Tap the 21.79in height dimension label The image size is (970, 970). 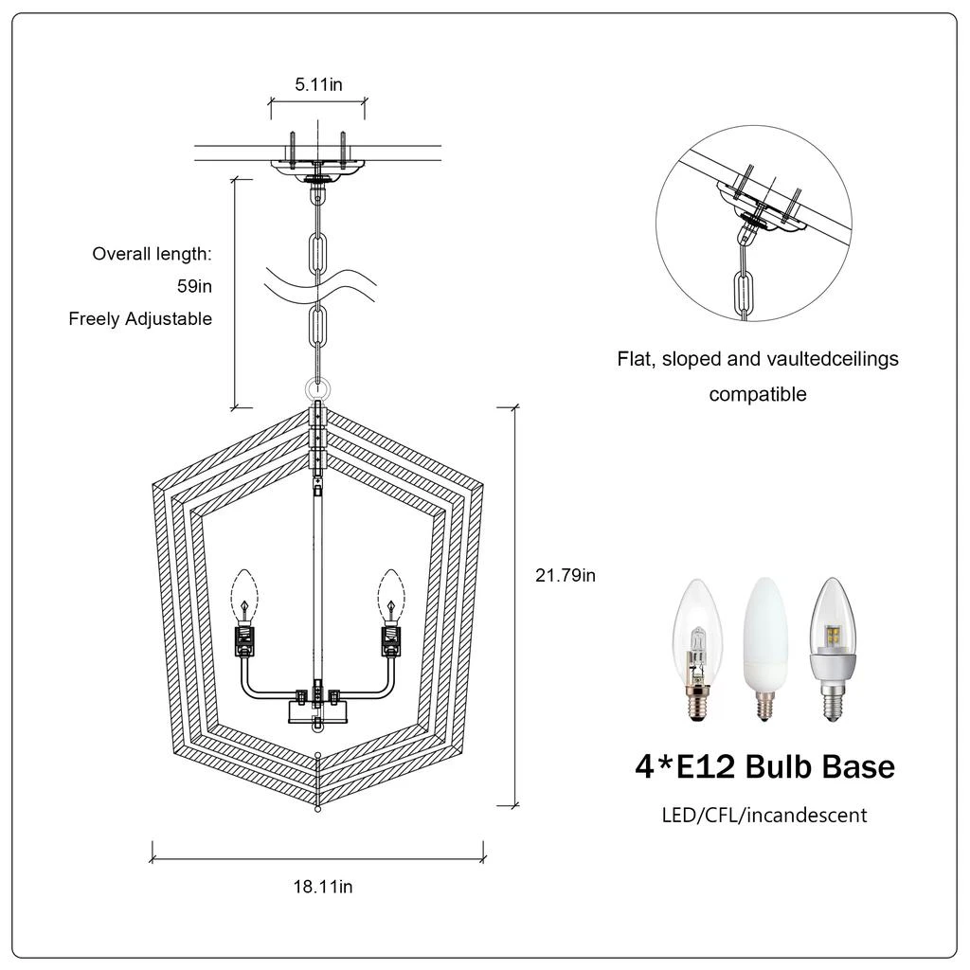tap(566, 574)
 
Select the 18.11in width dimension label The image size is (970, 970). tap(322, 887)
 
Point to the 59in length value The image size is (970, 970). tap(194, 286)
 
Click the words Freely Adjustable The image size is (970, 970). tap(140, 319)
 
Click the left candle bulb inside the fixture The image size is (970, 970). tap(245, 594)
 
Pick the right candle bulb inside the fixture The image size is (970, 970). tap(389, 594)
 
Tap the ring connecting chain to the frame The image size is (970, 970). tap(318, 388)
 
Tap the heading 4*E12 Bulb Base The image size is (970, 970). tap(763, 765)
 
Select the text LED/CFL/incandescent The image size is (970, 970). tap(763, 815)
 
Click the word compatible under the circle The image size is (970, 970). tap(758, 394)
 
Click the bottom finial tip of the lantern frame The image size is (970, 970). tap(318, 808)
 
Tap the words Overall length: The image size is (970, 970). tap(152, 254)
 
